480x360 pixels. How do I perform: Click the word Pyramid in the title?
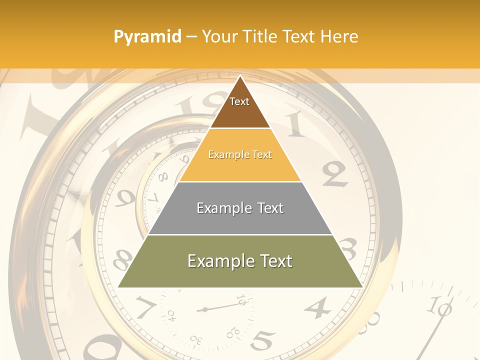tap(147, 37)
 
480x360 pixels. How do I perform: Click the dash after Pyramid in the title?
tap(191, 37)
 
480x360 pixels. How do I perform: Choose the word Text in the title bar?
tap(299, 36)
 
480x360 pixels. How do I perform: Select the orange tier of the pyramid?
tap(240, 155)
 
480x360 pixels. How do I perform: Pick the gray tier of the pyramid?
tap(240, 208)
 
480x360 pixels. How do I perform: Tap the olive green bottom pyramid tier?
tap(240, 261)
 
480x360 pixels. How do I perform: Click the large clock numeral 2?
tap(334, 174)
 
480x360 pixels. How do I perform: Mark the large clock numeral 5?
tap(262, 340)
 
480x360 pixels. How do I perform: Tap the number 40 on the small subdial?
tap(171, 315)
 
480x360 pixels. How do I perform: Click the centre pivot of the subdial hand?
tap(204, 310)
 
